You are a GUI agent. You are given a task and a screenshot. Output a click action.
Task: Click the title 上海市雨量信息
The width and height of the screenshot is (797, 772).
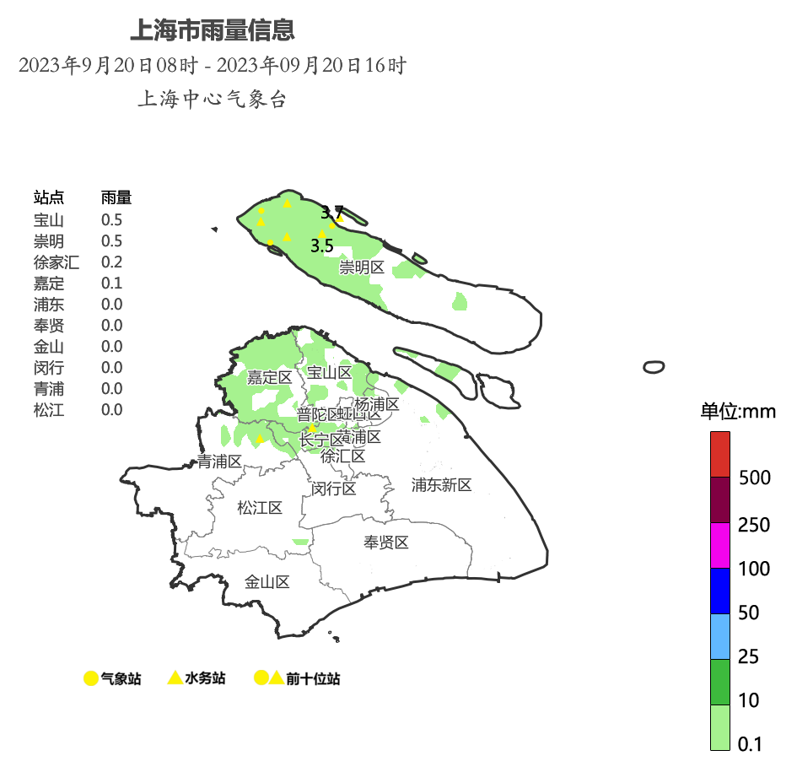pyautogui.click(x=212, y=30)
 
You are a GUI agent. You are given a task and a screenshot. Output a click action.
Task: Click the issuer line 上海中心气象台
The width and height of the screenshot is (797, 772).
pyautogui.click(x=212, y=100)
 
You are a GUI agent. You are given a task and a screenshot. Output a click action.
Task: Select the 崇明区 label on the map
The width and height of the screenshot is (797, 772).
pyautogui.click(x=362, y=268)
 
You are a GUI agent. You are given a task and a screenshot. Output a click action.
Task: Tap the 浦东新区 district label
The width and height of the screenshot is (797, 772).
pyautogui.click(x=441, y=485)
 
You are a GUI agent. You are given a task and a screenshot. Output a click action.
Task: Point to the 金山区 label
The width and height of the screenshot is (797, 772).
pyautogui.click(x=267, y=582)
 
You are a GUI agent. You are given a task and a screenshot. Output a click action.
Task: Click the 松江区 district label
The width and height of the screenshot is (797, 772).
pyautogui.click(x=260, y=508)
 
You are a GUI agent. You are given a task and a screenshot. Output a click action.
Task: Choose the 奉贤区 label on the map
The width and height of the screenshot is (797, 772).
pyautogui.click(x=386, y=543)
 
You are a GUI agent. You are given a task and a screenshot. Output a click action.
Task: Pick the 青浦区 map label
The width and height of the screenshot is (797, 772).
pyautogui.click(x=219, y=462)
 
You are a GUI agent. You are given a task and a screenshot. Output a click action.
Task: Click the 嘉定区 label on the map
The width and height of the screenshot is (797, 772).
pyautogui.click(x=269, y=378)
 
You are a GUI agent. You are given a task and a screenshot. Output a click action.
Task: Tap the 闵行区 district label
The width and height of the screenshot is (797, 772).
pyautogui.click(x=334, y=489)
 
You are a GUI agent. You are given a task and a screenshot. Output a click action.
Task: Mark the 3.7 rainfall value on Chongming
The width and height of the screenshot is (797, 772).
pyautogui.click(x=331, y=212)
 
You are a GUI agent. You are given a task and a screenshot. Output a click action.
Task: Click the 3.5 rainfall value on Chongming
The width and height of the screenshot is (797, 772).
pyautogui.click(x=322, y=246)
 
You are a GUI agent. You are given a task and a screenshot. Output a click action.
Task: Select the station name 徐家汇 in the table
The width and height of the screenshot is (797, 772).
pyautogui.click(x=56, y=262)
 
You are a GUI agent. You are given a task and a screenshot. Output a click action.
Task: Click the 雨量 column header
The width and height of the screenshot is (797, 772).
pyautogui.click(x=116, y=198)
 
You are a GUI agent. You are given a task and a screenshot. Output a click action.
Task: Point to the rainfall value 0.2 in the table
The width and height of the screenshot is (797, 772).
pyautogui.click(x=111, y=262)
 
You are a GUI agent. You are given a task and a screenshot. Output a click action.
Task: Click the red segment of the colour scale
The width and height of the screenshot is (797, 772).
pyautogui.click(x=719, y=454)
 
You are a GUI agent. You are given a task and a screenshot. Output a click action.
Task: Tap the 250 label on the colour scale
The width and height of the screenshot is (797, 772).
pyautogui.click(x=754, y=526)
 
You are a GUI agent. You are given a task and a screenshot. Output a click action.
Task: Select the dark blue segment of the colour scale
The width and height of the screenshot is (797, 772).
pyautogui.click(x=719, y=591)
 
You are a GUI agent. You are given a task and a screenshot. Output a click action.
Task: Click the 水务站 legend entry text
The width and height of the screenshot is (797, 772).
pyautogui.click(x=205, y=678)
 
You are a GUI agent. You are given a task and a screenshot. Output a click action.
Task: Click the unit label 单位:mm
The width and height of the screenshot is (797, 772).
pyautogui.click(x=738, y=413)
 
